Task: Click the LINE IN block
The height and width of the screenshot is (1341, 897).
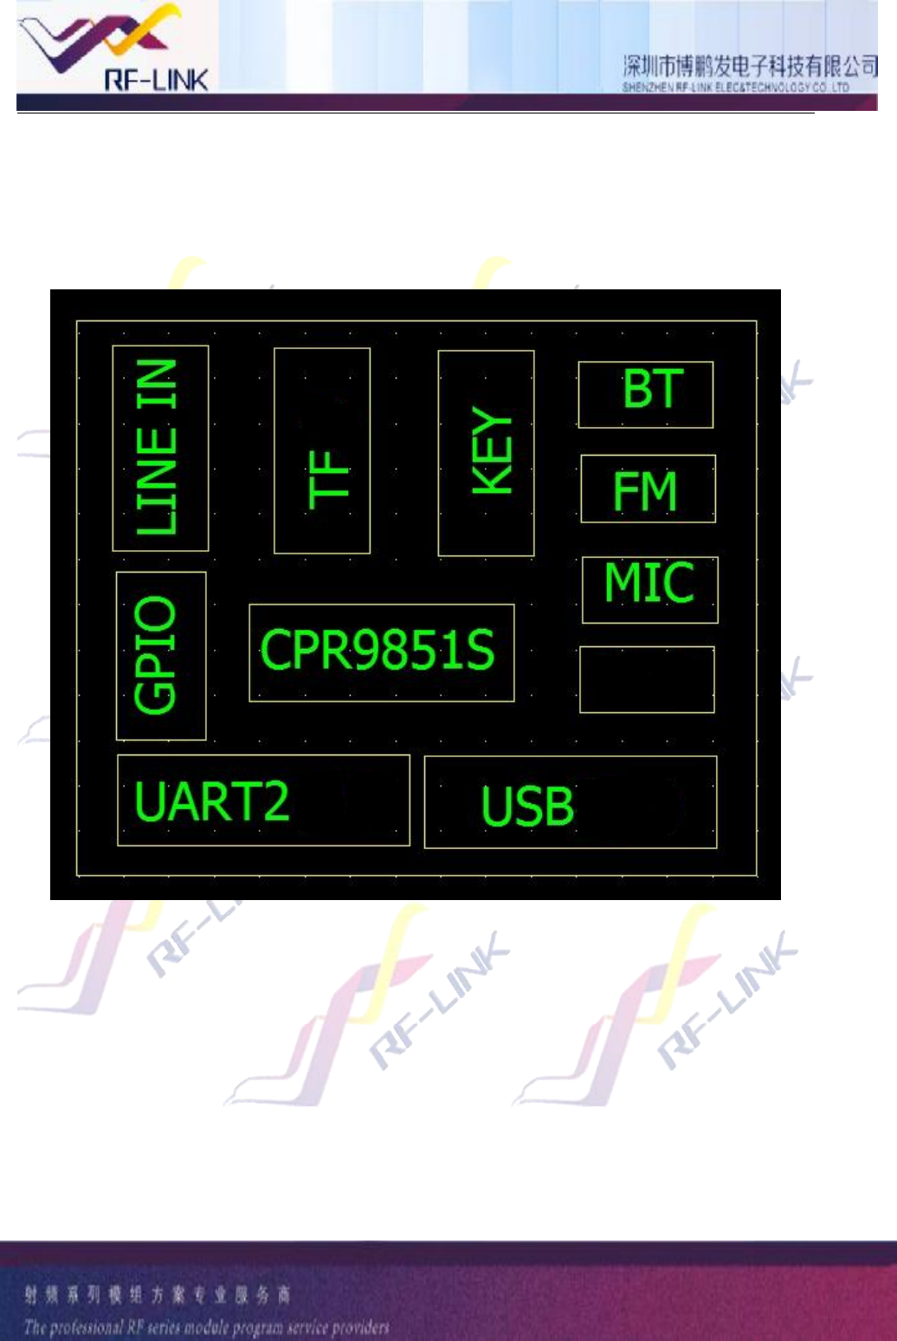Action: point(160,448)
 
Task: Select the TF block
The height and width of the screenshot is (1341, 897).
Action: point(322,450)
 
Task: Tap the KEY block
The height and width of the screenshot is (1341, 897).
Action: point(486,453)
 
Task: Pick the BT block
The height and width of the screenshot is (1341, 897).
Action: point(646,394)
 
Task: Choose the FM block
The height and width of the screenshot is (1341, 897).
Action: point(648,489)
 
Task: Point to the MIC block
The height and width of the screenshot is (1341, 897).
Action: point(649,589)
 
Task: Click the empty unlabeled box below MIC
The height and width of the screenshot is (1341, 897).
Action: point(647,679)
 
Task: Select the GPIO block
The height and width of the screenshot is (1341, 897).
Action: point(160,656)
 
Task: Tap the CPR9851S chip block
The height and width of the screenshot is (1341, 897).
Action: point(381,652)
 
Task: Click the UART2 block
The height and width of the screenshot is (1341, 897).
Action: point(263,800)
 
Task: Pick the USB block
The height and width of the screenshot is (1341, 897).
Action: point(570,802)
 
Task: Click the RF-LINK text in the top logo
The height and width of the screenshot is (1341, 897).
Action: point(156,81)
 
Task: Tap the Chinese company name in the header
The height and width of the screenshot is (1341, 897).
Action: point(750,66)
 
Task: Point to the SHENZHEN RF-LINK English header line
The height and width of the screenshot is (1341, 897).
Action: point(735,87)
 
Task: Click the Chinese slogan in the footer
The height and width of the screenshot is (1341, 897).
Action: point(157,1295)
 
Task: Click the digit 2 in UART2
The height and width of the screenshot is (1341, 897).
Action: point(275,801)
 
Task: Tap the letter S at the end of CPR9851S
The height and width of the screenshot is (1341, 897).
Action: point(479,651)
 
